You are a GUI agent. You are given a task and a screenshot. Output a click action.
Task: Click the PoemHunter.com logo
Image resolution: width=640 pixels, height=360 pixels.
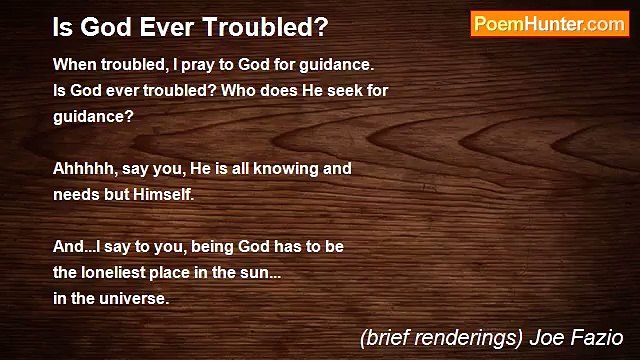click(x=549, y=24)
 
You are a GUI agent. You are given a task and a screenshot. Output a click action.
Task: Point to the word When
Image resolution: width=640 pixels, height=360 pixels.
click(x=76, y=65)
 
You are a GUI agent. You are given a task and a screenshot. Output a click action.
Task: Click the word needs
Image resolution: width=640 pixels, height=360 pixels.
click(x=76, y=194)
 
